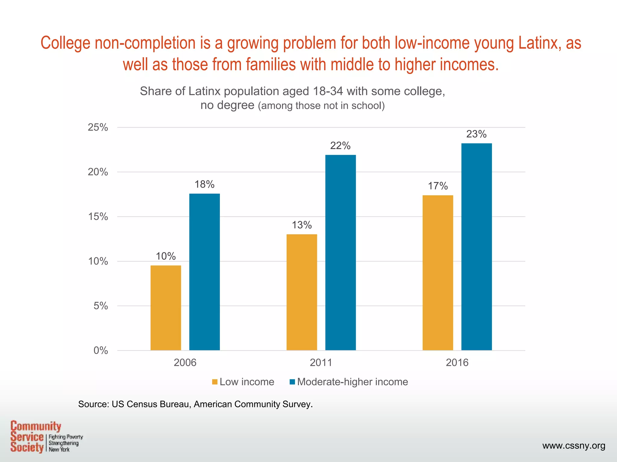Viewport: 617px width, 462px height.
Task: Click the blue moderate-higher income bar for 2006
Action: (204, 272)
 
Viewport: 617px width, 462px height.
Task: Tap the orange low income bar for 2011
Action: (302, 292)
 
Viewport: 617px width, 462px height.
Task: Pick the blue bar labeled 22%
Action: (340, 253)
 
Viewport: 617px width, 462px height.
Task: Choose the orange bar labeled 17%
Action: (438, 273)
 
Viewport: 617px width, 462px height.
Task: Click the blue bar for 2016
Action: (476, 247)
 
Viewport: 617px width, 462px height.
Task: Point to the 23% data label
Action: (476, 134)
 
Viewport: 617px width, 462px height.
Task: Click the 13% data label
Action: (302, 225)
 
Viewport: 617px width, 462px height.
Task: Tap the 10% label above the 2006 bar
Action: (166, 256)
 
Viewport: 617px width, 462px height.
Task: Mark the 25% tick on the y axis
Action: (98, 128)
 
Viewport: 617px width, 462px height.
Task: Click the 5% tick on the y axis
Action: (101, 306)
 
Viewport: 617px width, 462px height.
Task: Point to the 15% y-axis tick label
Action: (98, 217)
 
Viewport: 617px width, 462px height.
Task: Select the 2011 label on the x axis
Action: (321, 362)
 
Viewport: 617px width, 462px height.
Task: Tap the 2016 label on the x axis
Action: (457, 362)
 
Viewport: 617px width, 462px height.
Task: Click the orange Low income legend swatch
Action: (215, 382)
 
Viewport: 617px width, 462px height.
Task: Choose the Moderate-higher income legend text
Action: (352, 382)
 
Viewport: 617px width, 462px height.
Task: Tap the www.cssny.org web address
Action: (574, 446)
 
